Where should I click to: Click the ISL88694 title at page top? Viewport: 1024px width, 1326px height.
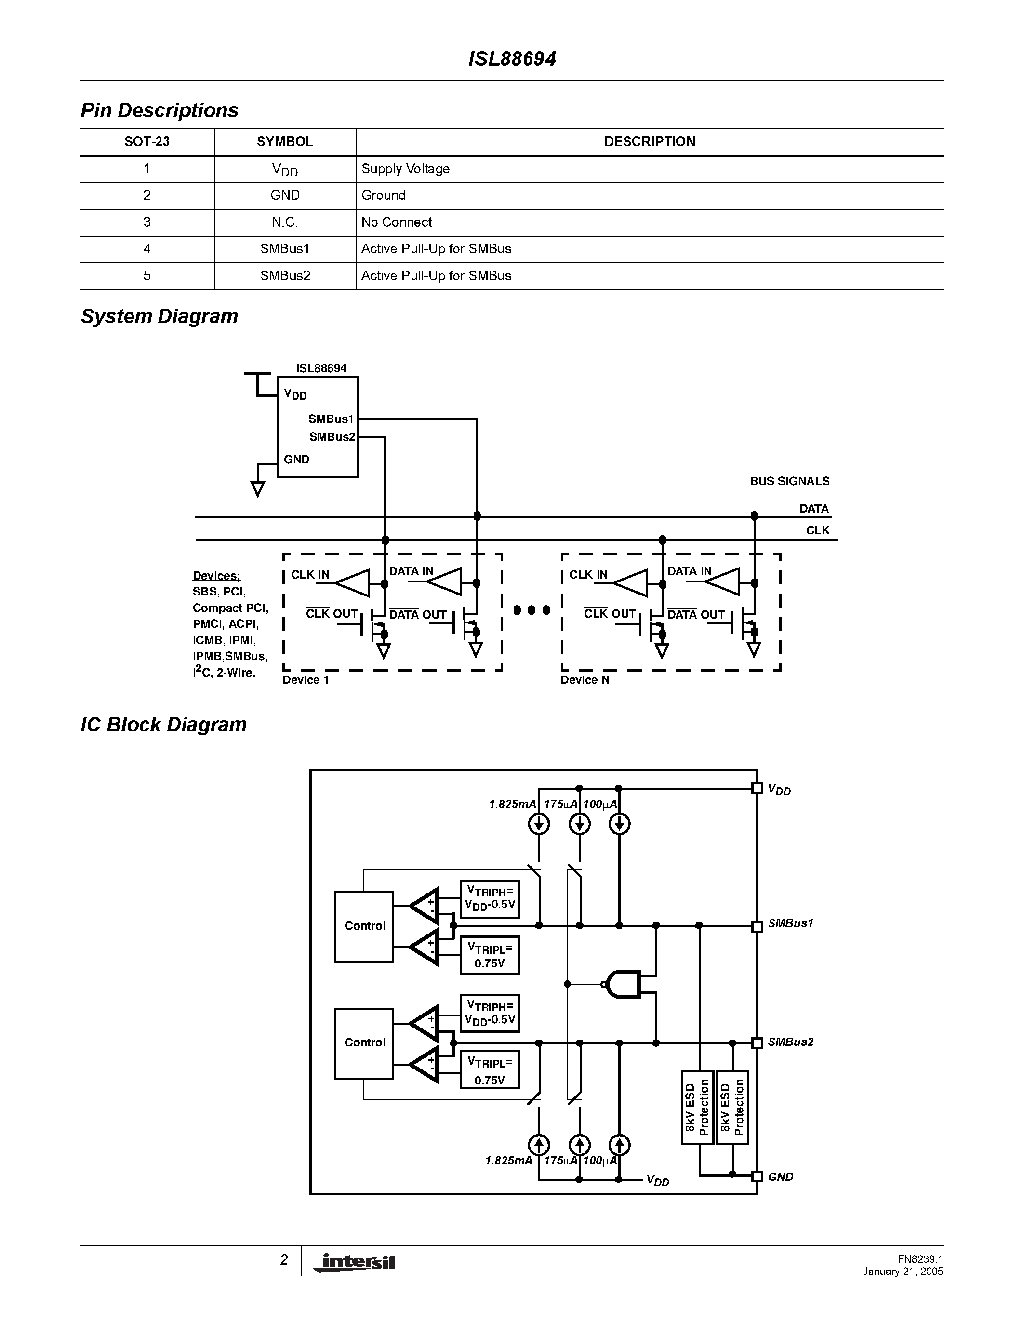coord(512,59)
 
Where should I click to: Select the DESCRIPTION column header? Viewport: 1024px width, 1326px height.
coord(649,141)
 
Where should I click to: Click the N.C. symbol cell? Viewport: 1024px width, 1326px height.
coord(284,222)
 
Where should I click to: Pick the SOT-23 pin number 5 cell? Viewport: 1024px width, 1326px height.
coord(147,276)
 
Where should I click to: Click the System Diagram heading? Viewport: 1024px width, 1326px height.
coord(159,316)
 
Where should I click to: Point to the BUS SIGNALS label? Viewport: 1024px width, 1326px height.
coord(789,481)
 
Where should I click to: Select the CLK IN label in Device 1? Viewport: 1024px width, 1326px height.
coord(310,574)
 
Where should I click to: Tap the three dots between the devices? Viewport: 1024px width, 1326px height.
coord(532,609)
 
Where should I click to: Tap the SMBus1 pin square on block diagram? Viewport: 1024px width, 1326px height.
coord(757,926)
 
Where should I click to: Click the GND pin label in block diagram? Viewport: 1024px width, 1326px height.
coord(780,1177)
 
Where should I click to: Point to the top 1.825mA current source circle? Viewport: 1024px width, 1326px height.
coord(539,824)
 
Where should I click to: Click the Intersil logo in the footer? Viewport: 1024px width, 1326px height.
coord(355,1263)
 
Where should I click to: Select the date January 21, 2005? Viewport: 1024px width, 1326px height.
coord(903,1272)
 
